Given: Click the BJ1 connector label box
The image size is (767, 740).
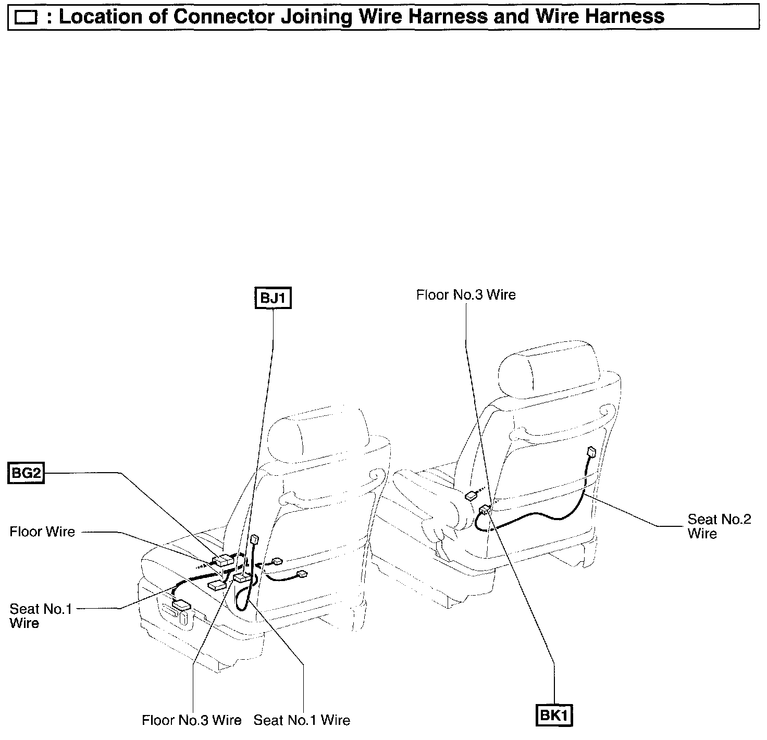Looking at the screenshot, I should click(x=273, y=299).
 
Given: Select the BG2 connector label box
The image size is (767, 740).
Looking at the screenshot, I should click(x=26, y=473).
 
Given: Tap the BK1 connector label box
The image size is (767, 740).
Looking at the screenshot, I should click(x=554, y=715).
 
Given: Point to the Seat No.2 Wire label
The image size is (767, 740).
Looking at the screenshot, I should click(x=719, y=526).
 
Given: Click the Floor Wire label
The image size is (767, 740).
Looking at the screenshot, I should click(x=42, y=532).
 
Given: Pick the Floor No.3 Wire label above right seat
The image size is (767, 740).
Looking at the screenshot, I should click(x=466, y=295).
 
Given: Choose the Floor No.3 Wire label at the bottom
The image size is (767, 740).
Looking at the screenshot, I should click(x=191, y=720).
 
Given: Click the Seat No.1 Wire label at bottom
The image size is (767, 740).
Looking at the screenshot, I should click(x=302, y=720).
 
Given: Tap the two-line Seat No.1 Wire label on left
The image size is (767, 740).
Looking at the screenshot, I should click(x=40, y=615).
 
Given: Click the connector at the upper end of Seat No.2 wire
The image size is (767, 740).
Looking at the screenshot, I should click(x=591, y=451).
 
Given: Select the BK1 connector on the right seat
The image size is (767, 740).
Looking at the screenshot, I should click(x=484, y=510).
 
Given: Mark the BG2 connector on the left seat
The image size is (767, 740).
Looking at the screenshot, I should click(x=224, y=560).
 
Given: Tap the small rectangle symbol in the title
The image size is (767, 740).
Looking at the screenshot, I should click(x=26, y=18).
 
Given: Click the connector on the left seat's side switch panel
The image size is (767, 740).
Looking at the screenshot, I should click(x=182, y=605).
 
